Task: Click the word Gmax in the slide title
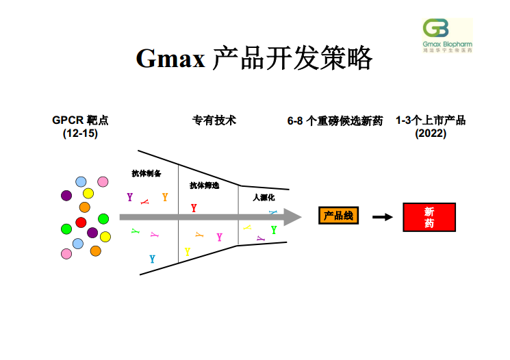170,59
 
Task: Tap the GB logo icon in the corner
436,29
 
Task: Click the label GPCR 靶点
80,120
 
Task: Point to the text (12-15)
80,133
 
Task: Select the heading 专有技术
214,120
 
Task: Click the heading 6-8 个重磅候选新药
335,121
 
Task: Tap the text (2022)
431,133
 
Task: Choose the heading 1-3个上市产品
431,120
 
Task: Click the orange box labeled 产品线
338,216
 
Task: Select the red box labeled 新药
429,217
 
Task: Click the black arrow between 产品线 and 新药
383,217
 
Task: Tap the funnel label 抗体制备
146,174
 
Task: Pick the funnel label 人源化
263,197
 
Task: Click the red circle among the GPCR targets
81,222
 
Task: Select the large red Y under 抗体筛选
194,208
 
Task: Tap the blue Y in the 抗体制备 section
152,259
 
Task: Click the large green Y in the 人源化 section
274,230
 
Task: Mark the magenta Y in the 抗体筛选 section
219,237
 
